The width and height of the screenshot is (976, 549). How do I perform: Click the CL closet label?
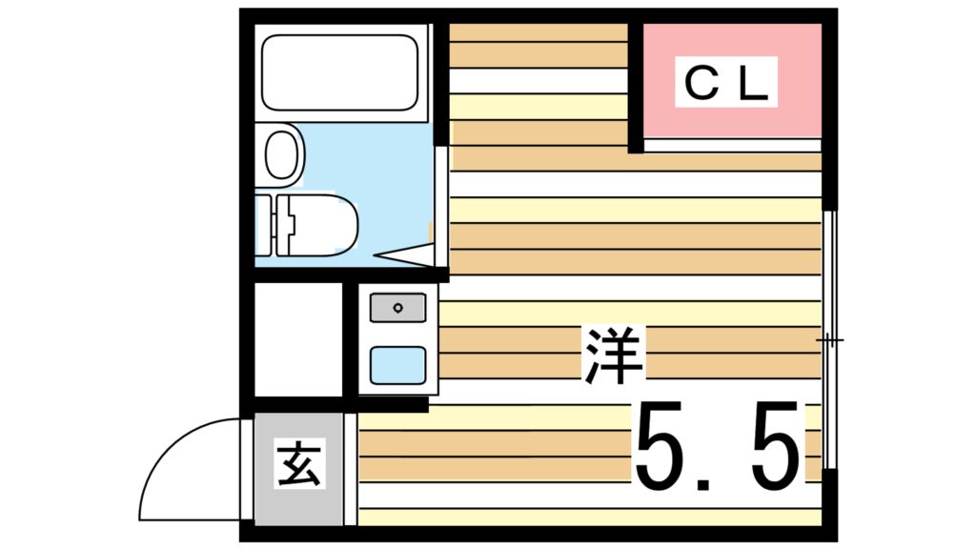(x=725, y=82)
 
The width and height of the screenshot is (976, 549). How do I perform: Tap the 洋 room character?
(x=613, y=355)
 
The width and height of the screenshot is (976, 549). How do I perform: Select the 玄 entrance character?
(x=299, y=464)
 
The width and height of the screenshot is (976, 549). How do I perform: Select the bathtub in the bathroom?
(x=340, y=72)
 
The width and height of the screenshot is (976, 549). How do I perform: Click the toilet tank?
(x=264, y=225)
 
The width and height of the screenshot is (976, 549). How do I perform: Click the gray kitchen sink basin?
(x=397, y=308)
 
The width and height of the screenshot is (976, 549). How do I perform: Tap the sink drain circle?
(x=397, y=308)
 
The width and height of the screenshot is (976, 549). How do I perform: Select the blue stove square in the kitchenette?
(x=397, y=365)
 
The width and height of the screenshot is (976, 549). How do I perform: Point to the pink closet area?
(x=732, y=80)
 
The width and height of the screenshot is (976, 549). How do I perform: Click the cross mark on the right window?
(x=830, y=340)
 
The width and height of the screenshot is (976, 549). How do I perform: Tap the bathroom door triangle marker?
(x=403, y=254)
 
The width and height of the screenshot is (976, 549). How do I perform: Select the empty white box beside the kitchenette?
(x=298, y=339)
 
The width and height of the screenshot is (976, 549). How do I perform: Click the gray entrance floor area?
(x=298, y=469)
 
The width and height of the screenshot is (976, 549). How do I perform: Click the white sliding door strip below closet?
(x=733, y=146)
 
